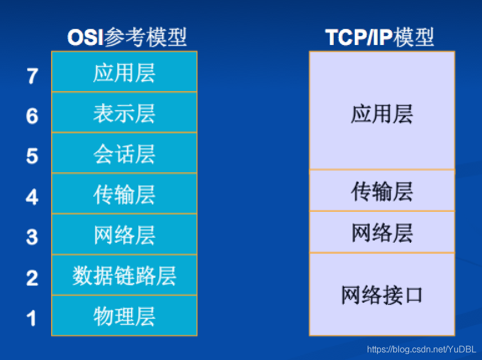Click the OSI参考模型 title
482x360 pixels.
tap(127, 37)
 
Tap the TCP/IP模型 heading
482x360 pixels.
tap(379, 37)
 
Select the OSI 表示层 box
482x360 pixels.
tap(124, 112)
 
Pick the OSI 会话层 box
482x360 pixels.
tap(124, 153)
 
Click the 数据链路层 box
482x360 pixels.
tap(124, 275)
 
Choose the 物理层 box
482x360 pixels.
tap(124, 316)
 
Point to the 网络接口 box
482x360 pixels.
tap(382, 294)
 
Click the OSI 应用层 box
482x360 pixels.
tap(124, 72)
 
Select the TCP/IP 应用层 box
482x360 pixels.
tap(382, 111)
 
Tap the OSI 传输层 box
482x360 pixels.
tap(124, 193)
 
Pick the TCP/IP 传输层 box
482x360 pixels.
tap(382, 191)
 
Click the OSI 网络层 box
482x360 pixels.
tap(124, 234)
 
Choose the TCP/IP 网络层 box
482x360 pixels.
tap(382, 232)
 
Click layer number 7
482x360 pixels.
tap(33, 76)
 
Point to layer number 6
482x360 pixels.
tap(32, 116)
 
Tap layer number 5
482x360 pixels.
tap(32, 156)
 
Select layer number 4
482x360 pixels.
tap(32, 197)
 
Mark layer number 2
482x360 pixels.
tap(32, 278)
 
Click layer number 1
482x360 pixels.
tap(31, 318)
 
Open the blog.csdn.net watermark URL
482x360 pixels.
tap(421, 349)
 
